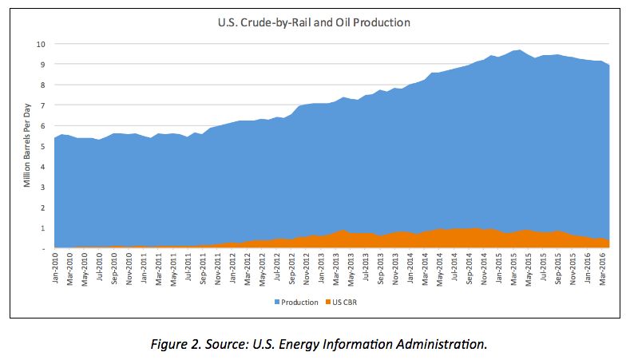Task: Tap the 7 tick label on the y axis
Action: (x=43, y=105)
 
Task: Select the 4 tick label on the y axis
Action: (x=43, y=167)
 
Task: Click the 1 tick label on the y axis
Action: (x=43, y=228)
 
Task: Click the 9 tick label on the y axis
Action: (x=43, y=64)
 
